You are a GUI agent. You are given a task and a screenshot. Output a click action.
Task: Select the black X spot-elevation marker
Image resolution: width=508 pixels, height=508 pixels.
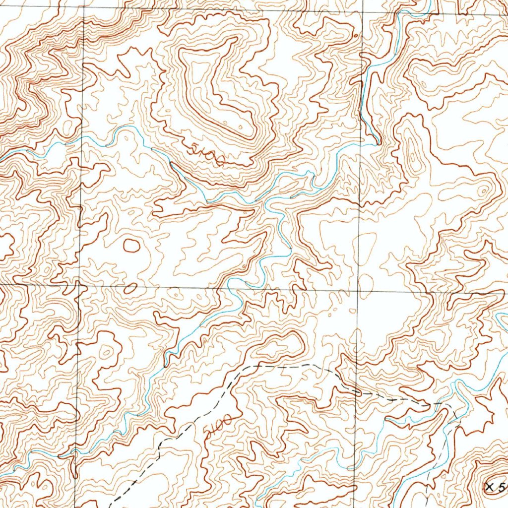click(x=491, y=487)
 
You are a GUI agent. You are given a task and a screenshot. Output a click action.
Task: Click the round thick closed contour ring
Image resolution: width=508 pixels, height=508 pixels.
click(x=131, y=245)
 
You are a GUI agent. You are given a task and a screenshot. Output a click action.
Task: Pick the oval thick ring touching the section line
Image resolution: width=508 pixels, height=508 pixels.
click(x=130, y=288)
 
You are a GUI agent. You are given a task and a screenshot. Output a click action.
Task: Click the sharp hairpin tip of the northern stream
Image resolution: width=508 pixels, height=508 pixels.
click(x=378, y=142)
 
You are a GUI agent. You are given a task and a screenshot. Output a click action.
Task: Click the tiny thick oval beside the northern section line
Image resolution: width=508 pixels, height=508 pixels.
click(x=356, y=36)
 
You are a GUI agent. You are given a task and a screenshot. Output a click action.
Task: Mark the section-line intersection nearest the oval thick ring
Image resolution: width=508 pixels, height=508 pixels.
click(x=79, y=286)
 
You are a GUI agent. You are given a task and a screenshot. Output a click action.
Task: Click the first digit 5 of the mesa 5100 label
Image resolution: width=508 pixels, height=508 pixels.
click(x=191, y=146)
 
